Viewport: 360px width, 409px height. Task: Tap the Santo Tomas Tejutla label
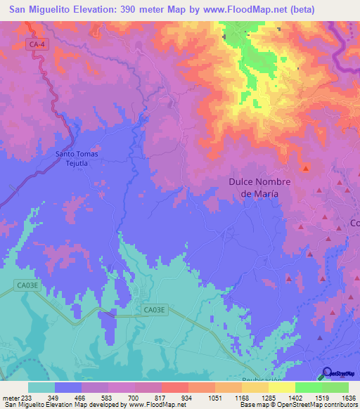[x=75, y=158]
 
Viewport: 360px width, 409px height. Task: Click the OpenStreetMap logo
[x=339, y=374]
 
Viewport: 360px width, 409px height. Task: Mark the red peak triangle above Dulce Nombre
[x=305, y=167]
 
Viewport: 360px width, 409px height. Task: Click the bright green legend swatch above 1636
[x=335, y=387]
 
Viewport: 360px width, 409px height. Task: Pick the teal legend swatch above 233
[x=41, y=387]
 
